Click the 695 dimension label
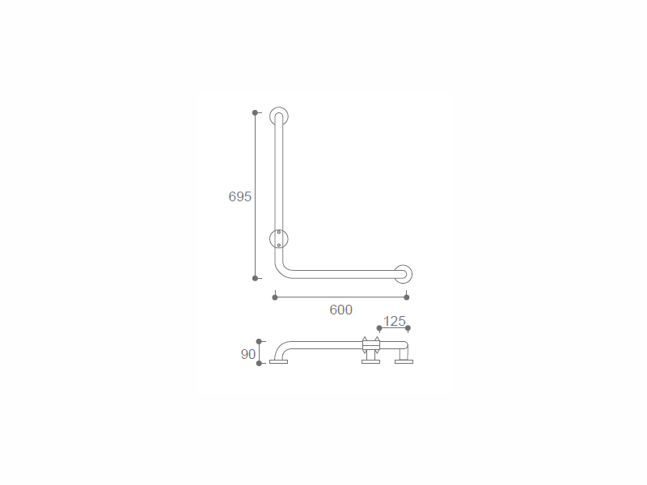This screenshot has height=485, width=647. point(239,196)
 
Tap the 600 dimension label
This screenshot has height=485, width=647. point(340,310)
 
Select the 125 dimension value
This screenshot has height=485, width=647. point(395,321)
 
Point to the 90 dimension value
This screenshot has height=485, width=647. point(248,354)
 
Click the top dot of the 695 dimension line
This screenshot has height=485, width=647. point(255,112)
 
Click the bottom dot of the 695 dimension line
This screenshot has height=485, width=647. point(255,278)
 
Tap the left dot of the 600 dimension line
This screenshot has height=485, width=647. point(275,297)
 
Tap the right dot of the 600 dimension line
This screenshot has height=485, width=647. point(407,297)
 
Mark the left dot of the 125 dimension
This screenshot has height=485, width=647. point(379,328)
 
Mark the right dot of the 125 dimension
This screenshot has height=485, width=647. point(408,328)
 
